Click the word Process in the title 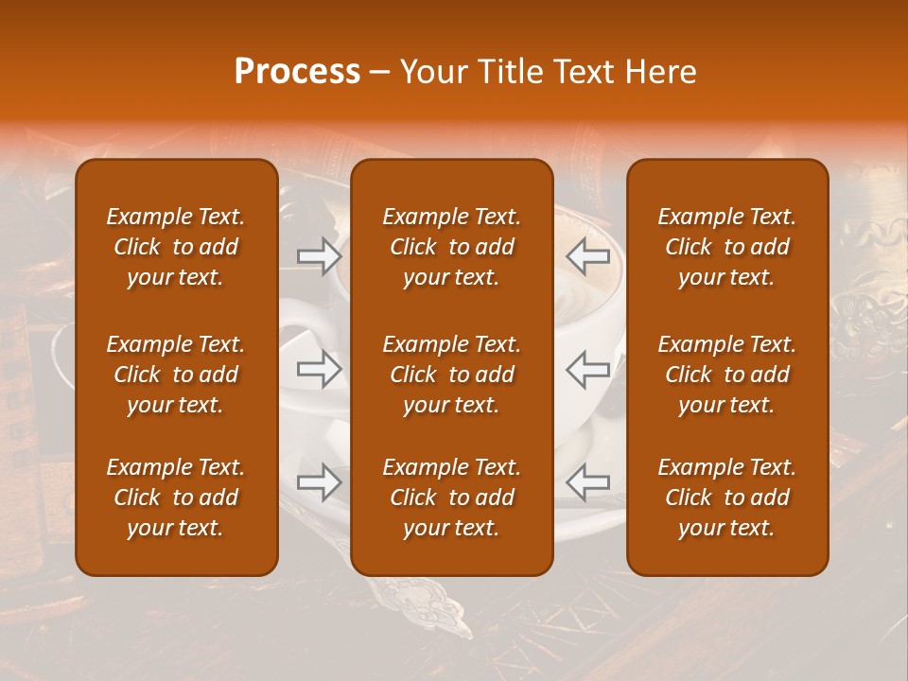coord(297,72)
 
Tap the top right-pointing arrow coord(320,255)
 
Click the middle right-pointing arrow coord(320,369)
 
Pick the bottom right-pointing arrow coord(320,482)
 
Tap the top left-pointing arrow coord(587,255)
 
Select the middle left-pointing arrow coord(587,369)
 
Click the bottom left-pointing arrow coord(587,482)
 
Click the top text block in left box coord(176,247)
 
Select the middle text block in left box coord(176,375)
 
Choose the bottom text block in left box coord(176,498)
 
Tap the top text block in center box coord(451,247)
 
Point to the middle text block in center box coord(451,375)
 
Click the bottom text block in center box coord(451,498)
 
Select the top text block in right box coord(726,247)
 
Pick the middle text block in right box coord(726,375)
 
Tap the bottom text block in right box coord(726,498)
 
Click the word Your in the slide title coord(431,72)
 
